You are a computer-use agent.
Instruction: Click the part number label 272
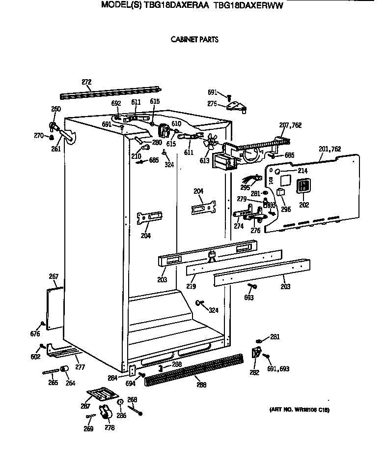[86, 82]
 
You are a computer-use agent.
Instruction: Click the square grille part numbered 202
[304, 185]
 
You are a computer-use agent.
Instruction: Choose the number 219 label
[191, 286]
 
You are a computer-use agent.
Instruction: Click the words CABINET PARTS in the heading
[194, 40]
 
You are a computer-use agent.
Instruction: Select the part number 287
[85, 406]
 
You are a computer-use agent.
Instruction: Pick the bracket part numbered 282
[256, 352]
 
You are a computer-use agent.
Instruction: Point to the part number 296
[286, 209]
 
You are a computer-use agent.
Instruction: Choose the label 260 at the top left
[56, 109]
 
